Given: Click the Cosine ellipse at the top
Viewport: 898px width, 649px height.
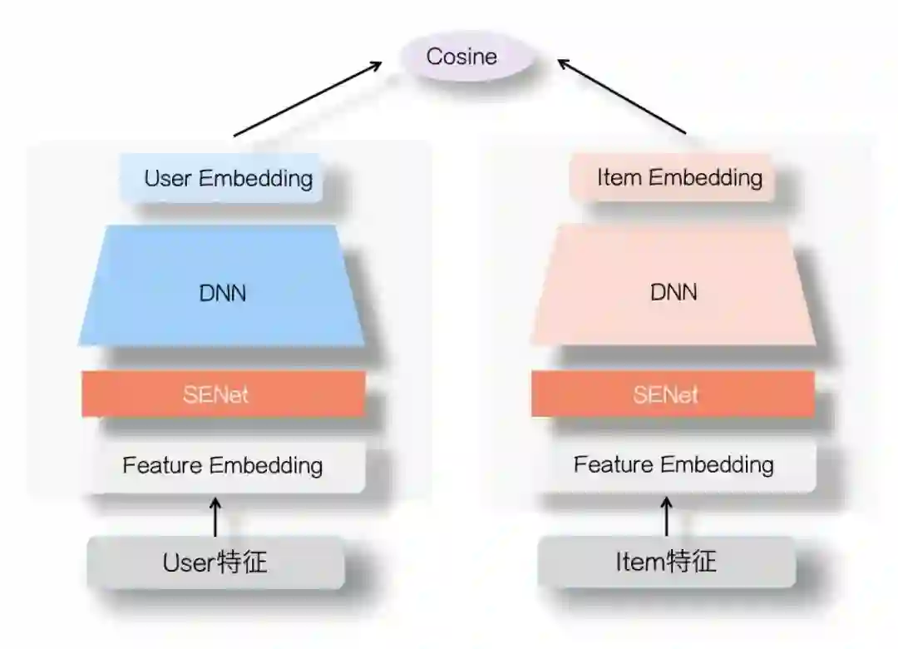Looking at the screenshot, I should click(461, 57).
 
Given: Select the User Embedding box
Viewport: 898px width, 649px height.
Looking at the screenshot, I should click(221, 178).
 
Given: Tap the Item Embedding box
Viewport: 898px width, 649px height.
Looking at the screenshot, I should click(672, 177).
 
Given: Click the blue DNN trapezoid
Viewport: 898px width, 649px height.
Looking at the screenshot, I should click(222, 291).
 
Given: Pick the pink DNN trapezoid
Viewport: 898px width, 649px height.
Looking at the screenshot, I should click(673, 291).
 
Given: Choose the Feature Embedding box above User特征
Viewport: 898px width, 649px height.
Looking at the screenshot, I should click(223, 465).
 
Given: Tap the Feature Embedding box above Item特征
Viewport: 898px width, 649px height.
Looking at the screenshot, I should click(673, 464).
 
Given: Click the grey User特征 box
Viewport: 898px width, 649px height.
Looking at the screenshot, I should click(215, 562).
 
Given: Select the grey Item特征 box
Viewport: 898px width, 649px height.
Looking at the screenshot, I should click(666, 562).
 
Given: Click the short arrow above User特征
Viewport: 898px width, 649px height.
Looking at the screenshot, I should click(215, 517).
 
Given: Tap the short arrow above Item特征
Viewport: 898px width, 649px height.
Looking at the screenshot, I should click(666, 517).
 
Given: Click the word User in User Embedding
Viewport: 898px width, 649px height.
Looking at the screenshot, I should click(169, 178).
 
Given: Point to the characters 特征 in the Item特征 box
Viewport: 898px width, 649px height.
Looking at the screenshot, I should click(692, 562).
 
